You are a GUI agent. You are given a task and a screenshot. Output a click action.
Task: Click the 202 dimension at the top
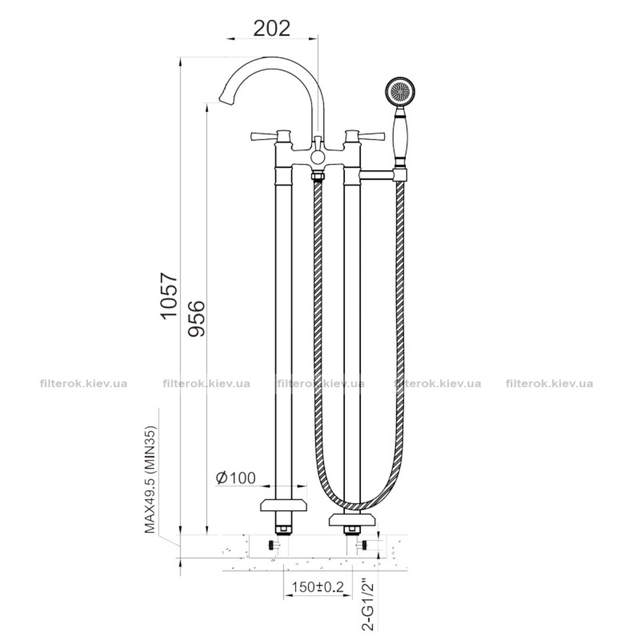pyautogui.click(x=272, y=28)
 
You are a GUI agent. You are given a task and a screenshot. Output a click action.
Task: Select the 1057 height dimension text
pyautogui.click(x=169, y=296)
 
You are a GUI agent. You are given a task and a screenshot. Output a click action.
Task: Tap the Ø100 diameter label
pyautogui.click(x=236, y=477)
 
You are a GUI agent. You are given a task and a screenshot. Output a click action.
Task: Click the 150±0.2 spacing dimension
pyautogui.click(x=318, y=587)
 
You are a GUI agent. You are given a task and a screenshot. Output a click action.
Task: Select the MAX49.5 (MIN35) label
pyautogui.click(x=150, y=479)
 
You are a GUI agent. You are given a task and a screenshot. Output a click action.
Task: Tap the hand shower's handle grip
pyautogui.click(x=399, y=137)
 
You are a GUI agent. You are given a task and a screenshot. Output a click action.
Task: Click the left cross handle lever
pyautogui.click(x=262, y=136)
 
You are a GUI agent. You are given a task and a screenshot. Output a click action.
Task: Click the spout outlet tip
pyautogui.click(x=225, y=97)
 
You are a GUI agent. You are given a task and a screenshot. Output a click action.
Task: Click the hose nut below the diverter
pyautogui.click(x=317, y=177)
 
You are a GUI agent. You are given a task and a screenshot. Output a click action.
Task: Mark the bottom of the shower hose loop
pyautogui.click(x=353, y=506)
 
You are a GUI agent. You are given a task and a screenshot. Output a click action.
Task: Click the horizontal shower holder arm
pyautogui.click(x=377, y=175)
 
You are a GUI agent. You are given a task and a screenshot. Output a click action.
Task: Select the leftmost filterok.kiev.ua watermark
pyautogui.click(x=84, y=383)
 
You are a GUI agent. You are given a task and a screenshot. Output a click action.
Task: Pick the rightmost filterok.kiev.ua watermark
pyautogui.click(x=549, y=383)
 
